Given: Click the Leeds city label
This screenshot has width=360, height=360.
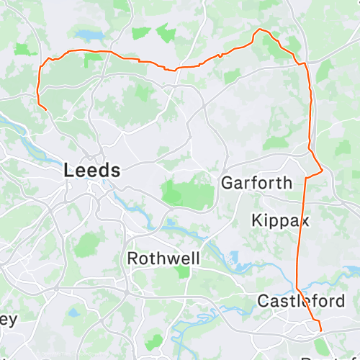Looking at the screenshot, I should point(92,171).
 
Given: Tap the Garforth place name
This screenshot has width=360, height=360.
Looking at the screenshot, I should point(256,183).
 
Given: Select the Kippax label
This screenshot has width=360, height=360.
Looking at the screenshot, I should point(281,220).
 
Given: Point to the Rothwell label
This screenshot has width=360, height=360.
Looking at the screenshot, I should point(163,258).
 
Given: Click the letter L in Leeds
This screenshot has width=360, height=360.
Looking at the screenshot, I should point(69,171).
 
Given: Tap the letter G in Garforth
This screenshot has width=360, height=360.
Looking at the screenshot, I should point(227,183).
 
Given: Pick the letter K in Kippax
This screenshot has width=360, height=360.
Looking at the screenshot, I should point(257,220).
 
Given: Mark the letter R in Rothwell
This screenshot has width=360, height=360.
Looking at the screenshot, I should point(132,258).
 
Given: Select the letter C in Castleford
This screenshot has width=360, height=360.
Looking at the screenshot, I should point(263,300).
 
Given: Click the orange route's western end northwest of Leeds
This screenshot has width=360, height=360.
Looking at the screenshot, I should point(47,109).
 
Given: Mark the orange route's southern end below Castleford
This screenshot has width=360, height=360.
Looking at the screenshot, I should point(321,333).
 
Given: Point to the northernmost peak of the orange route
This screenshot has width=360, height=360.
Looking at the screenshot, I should point(260,30).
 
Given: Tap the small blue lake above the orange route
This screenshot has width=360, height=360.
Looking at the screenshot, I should point(87,34).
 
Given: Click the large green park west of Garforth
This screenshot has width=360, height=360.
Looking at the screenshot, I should point(188,191).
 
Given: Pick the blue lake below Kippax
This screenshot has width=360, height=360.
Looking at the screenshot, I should point(232,256).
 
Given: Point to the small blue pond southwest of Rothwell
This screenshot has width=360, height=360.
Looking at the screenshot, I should point(74,312).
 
